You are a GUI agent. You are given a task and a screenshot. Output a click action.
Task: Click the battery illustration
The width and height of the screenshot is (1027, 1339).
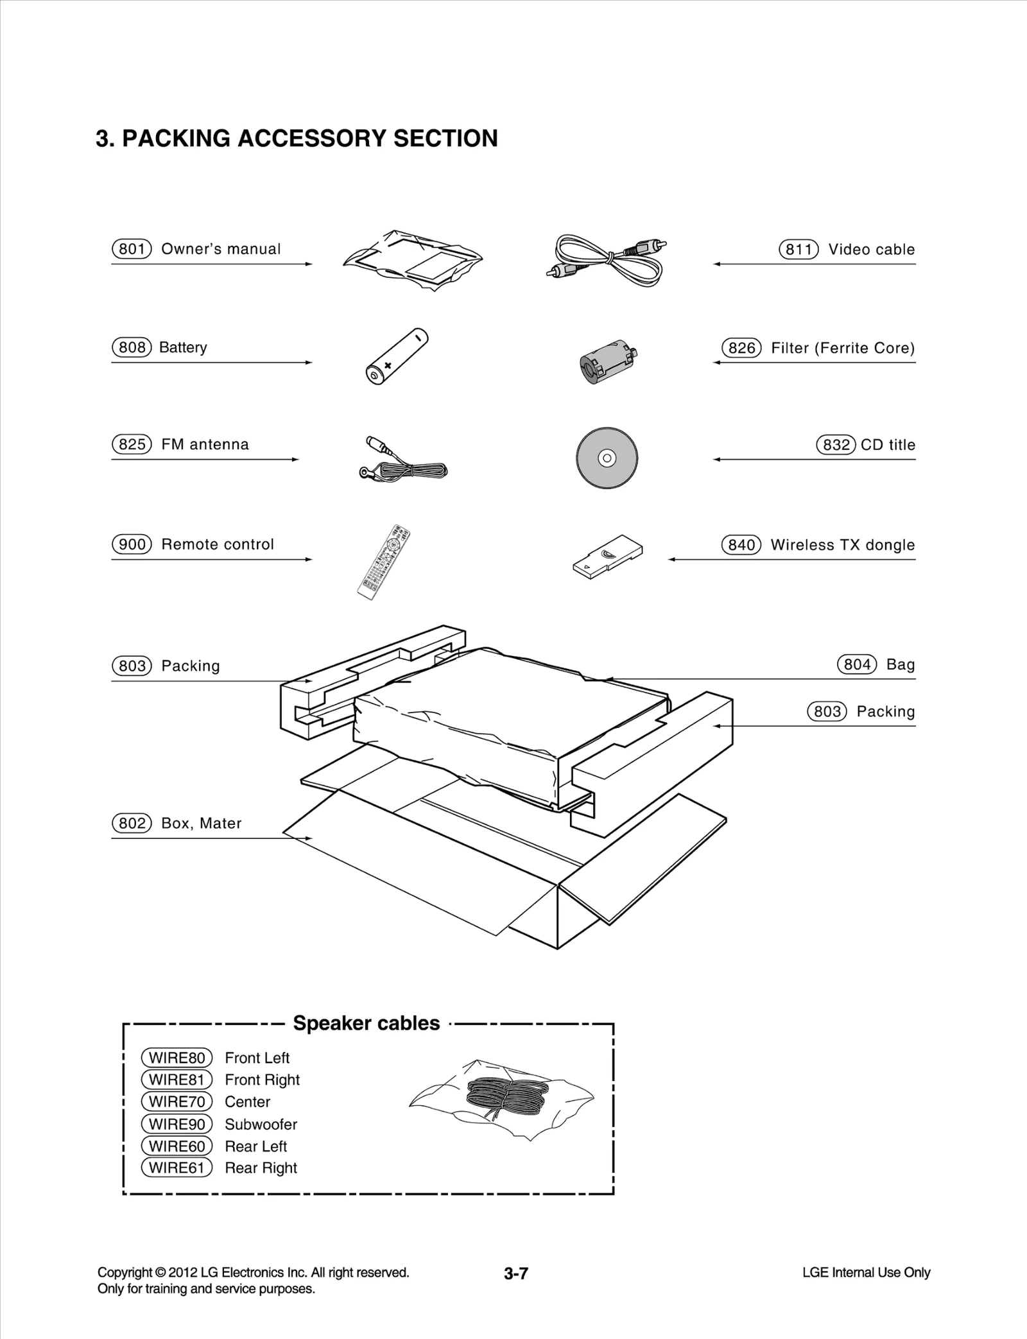[396, 357]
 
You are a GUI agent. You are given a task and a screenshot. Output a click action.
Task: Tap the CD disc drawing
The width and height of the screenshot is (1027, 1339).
[607, 458]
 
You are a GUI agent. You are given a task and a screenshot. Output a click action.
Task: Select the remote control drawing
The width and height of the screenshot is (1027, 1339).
[384, 562]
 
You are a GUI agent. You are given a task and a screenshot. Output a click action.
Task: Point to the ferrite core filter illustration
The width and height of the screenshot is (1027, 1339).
[606, 361]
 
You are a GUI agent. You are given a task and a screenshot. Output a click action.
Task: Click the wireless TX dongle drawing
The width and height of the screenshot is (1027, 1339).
[607, 554]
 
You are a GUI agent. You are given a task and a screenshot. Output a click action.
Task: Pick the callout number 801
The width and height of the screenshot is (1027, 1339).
[132, 249]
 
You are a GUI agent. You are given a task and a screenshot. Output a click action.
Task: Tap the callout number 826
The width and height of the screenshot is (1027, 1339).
[741, 348]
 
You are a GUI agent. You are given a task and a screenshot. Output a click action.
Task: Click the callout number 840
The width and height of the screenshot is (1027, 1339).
[741, 545]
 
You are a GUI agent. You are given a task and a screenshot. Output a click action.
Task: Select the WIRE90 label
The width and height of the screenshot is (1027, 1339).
[177, 1124]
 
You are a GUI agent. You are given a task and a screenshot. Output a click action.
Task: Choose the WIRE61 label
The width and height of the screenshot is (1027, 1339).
[177, 1168]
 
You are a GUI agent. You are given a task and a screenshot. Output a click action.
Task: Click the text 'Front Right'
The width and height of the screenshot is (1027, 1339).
[262, 1080]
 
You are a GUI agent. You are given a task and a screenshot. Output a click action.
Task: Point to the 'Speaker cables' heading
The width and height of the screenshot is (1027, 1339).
[366, 1023]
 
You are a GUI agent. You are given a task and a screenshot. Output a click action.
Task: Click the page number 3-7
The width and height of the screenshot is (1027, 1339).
[515, 1274]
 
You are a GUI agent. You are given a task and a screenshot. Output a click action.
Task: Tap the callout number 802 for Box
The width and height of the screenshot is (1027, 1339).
[132, 824]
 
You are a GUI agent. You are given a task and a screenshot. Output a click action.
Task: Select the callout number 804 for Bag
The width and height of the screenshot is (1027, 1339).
[857, 664]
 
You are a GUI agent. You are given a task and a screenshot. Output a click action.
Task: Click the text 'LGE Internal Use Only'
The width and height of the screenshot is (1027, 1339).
[866, 1272]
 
